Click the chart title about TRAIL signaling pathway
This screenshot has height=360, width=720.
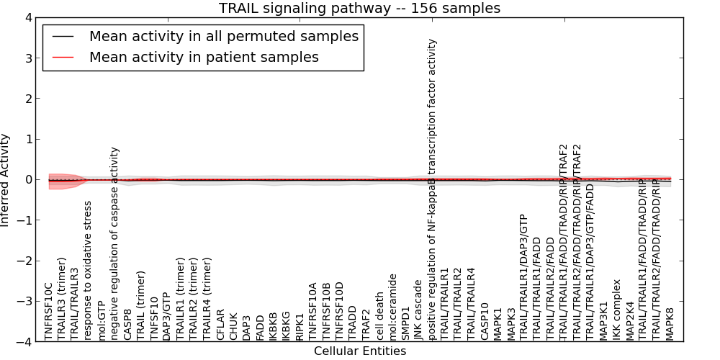(359, 8)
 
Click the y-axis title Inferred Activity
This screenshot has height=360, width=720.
(6, 179)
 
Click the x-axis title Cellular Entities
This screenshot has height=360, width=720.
(359, 351)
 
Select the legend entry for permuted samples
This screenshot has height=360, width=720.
(223, 37)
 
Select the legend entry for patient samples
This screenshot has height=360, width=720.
(204, 57)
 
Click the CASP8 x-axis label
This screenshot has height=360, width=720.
(127, 324)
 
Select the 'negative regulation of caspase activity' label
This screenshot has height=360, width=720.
(114, 243)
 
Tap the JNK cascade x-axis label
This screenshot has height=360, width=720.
(419, 315)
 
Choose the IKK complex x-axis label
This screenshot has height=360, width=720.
(617, 310)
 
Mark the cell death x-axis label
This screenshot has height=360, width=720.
(380, 316)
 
